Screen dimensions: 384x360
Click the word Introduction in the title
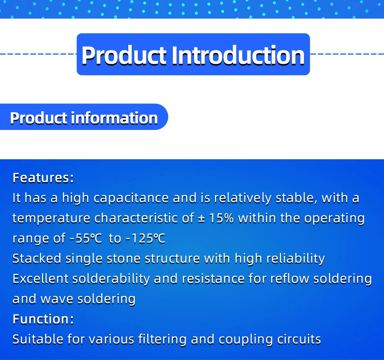pyautogui.click(x=238, y=55)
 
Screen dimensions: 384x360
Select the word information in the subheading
pyautogui.click(x=114, y=118)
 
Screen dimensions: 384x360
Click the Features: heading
pyautogui.click(x=43, y=178)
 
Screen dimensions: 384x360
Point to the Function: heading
pyautogui.click(x=43, y=319)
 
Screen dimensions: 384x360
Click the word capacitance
pyautogui.click(x=131, y=198)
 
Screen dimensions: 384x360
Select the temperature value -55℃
pyautogui.click(x=86, y=238)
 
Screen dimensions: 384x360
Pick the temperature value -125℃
pyautogui.click(x=145, y=238)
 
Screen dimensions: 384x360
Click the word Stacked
pyautogui.click(x=37, y=259)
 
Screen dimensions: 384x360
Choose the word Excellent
pyautogui.click(x=40, y=279)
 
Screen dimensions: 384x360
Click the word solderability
pyautogui.click(x=111, y=279)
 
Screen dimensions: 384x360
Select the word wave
pyautogui.click(x=57, y=299)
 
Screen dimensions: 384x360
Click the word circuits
pyautogui.click(x=299, y=339)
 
